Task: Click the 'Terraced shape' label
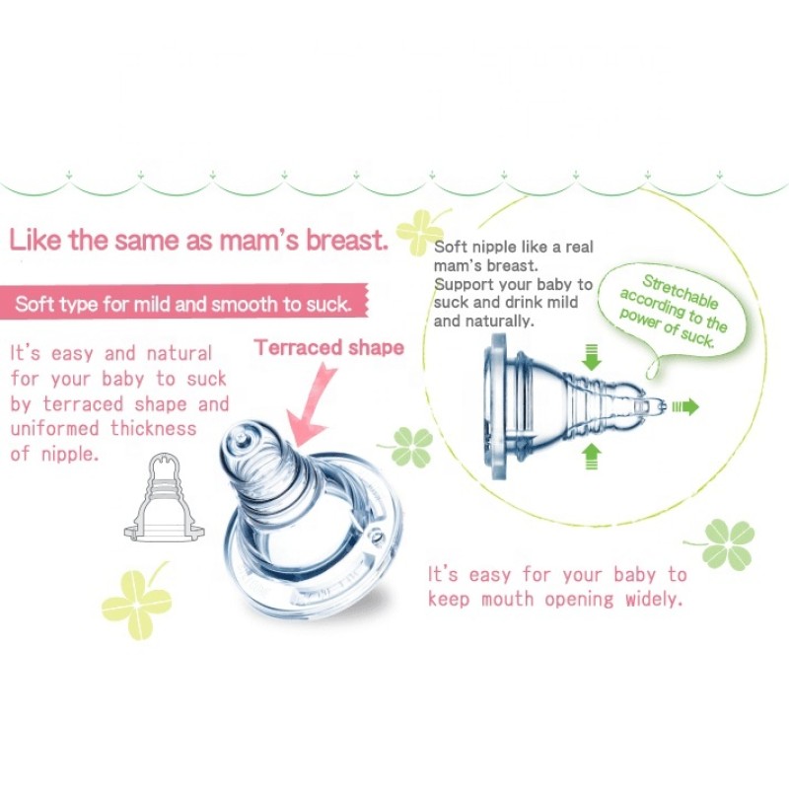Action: tap(329, 347)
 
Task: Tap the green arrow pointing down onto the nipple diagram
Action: tap(591, 357)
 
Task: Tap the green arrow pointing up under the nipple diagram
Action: tap(591, 454)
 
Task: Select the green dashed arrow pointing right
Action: tap(683, 405)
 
